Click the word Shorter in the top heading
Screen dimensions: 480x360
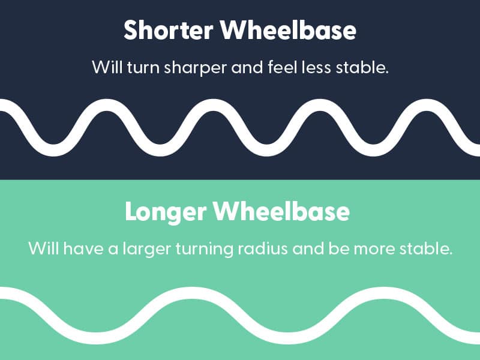click(x=169, y=30)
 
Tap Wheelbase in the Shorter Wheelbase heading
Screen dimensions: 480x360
click(x=288, y=30)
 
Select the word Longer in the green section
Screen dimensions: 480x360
click(x=166, y=212)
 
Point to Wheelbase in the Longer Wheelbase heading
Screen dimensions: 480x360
click(x=281, y=211)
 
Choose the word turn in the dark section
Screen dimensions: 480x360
click(x=143, y=67)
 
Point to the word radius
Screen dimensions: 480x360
click(x=263, y=248)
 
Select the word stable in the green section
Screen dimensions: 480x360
click(x=426, y=248)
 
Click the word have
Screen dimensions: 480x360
click(x=83, y=248)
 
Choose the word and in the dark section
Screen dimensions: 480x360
click(x=247, y=67)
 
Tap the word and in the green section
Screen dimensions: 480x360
click(x=308, y=248)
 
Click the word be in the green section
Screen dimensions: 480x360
click(x=339, y=248)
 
